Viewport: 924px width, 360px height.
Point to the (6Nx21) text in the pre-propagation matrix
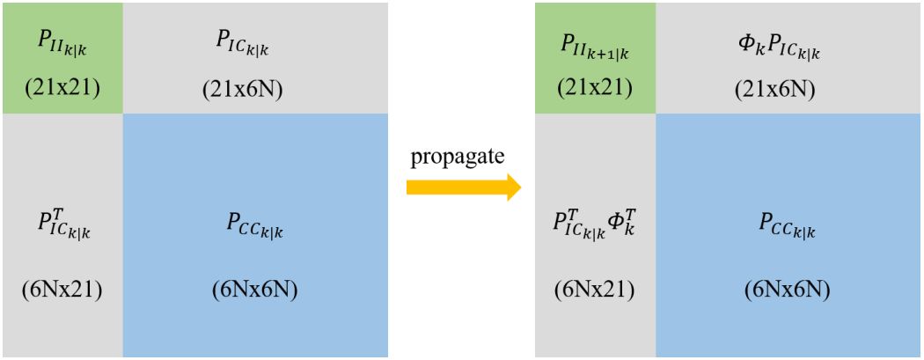(62, 290)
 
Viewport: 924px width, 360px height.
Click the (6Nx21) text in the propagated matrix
(596, 290)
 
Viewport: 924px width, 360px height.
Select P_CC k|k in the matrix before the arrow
(254, 227)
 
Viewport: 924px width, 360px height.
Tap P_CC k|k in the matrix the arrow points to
(788, 227)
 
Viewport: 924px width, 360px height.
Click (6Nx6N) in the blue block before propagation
(254, 290)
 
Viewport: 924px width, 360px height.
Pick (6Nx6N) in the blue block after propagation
(788, 290)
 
